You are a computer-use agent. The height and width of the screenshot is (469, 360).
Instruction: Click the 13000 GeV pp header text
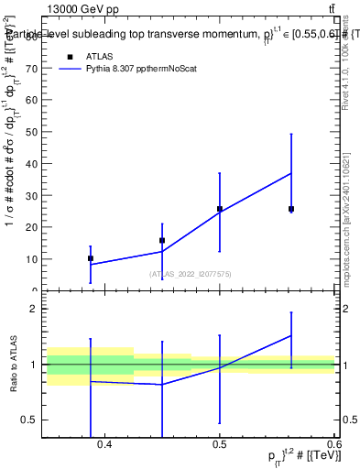coord(83,8)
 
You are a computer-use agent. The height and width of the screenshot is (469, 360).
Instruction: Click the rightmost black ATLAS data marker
coord(291,209)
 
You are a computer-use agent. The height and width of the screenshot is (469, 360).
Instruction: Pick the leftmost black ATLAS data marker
coord(91,258)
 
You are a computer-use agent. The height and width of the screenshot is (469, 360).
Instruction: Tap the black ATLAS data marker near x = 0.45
coord(162,241)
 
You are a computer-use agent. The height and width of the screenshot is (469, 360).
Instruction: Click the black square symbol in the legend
coord(71,56)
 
